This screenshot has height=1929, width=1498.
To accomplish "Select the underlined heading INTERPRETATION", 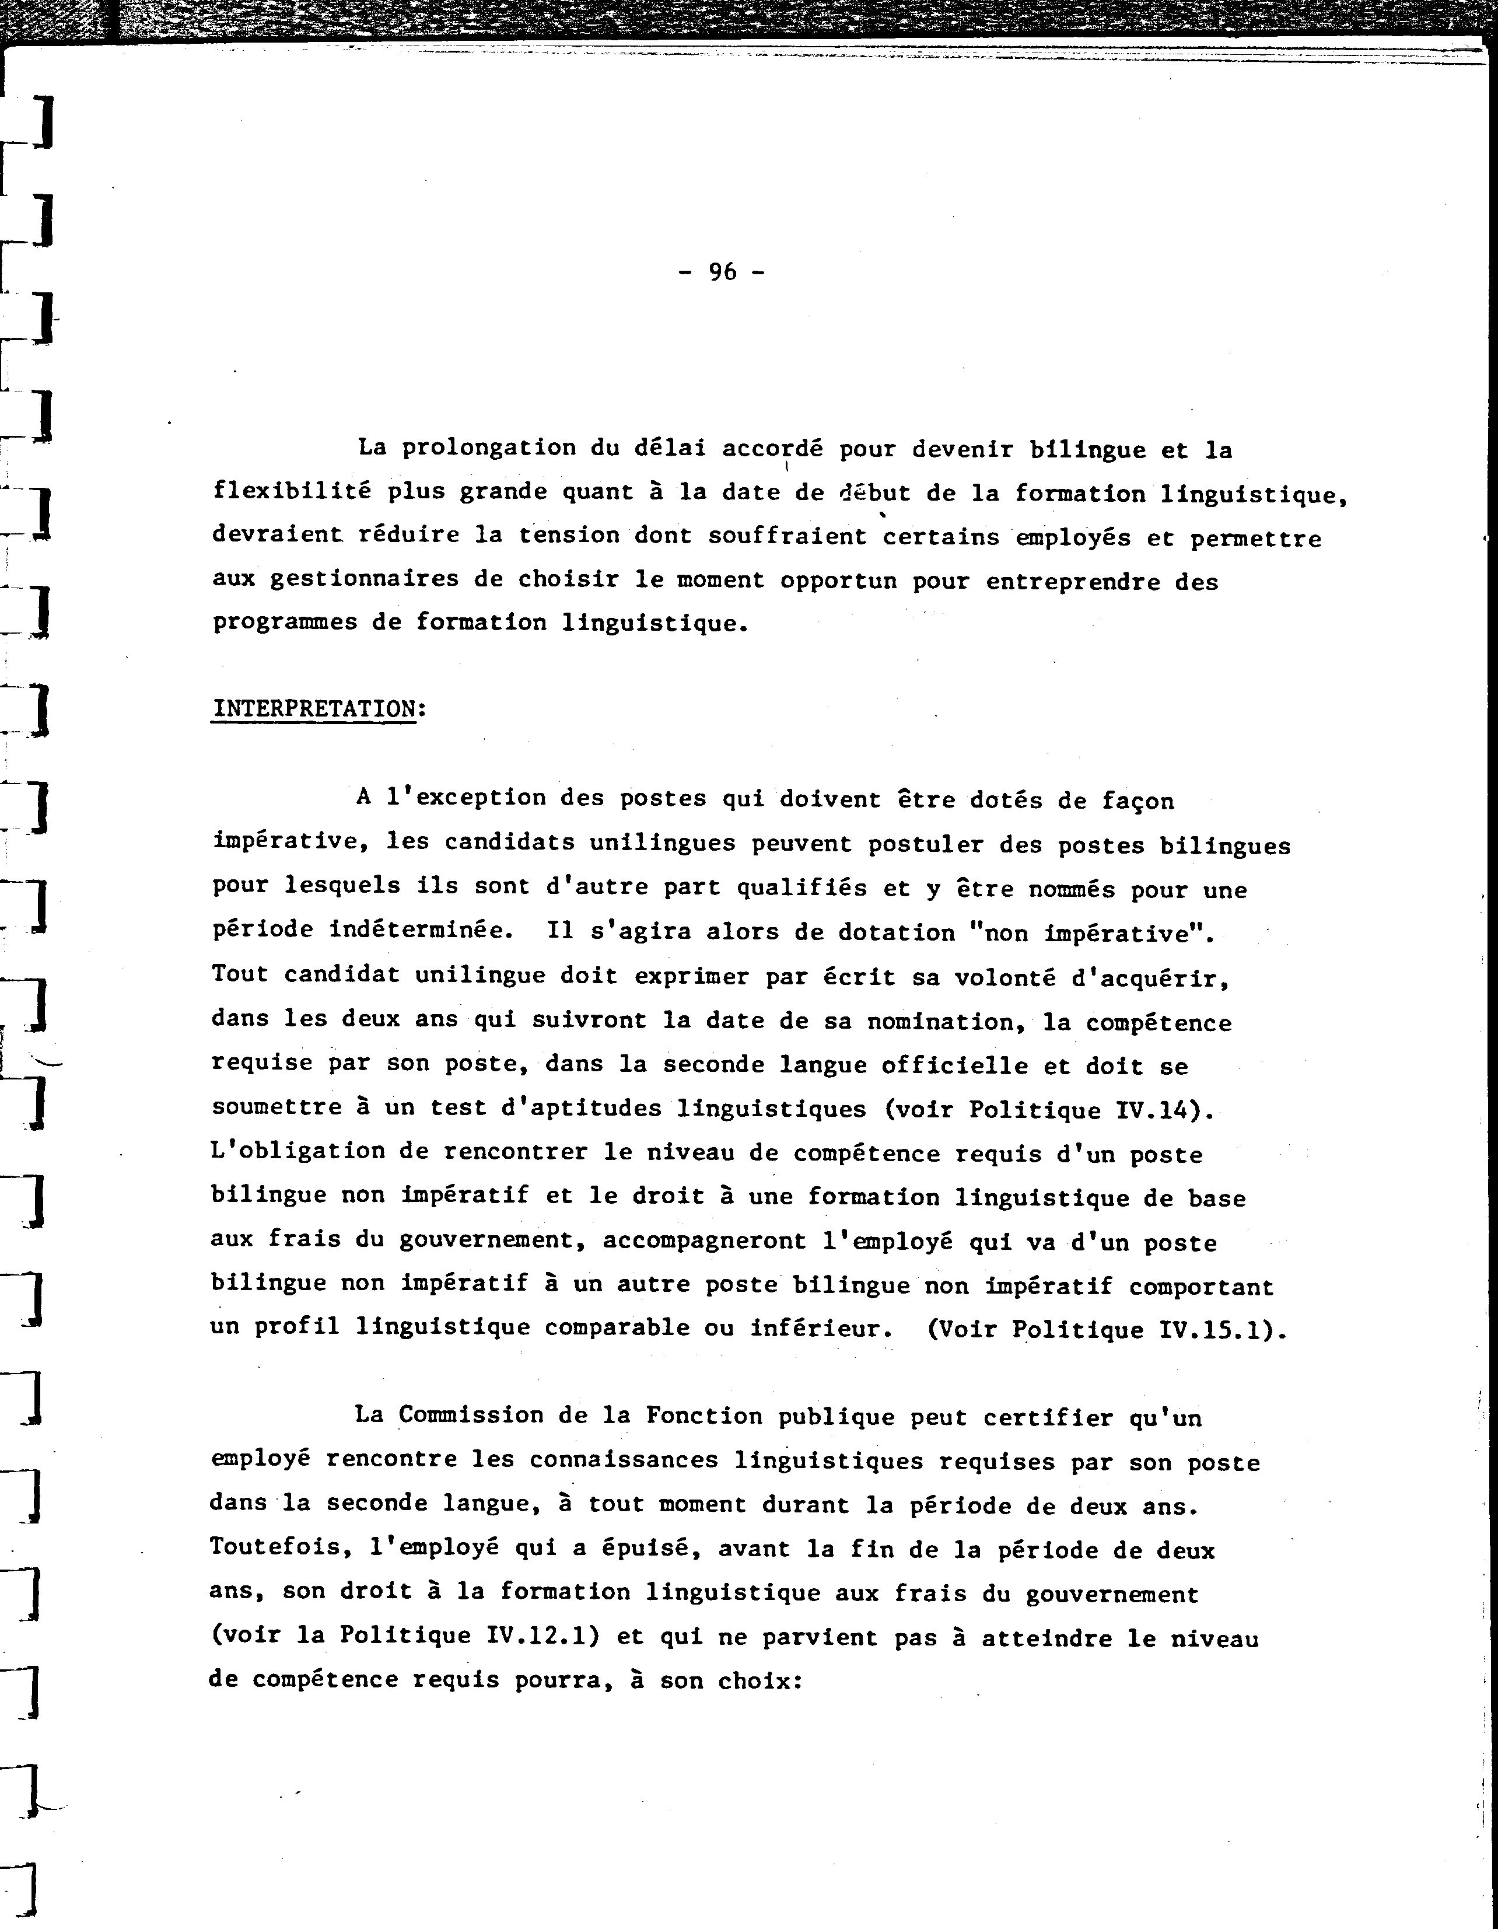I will [x=314, y=710].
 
